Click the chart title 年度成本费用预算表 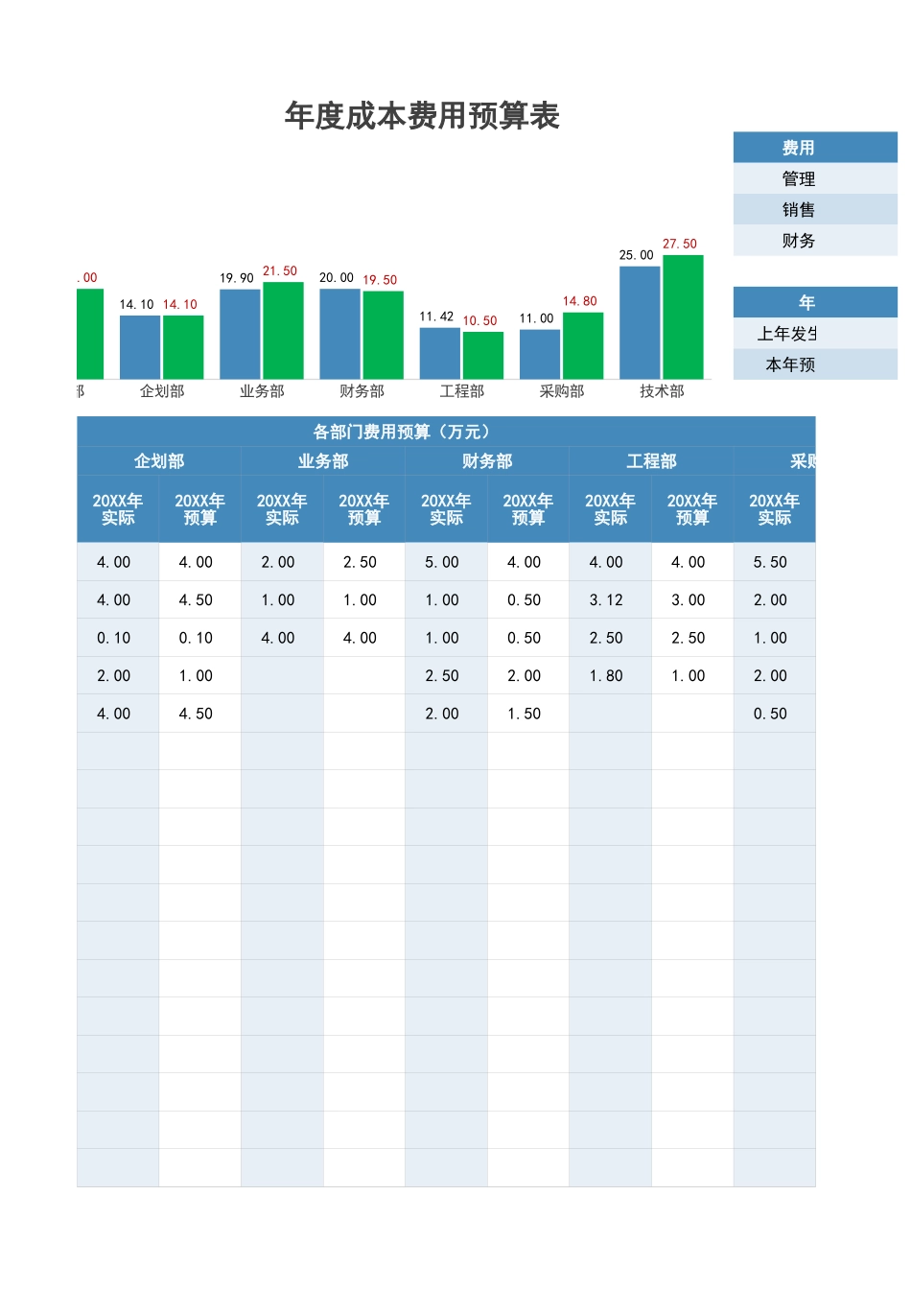tap(422, 116)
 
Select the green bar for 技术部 tap(683, 316)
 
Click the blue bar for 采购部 tap(539, 354)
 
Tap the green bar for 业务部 tap(283, 330)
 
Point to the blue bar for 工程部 tap(440, 353)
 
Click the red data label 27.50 tap(680, 244)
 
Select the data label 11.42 tap(436, 316)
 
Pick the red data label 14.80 tap(579, 301)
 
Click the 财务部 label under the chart tap(362, 391)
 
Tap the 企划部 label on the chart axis tap(162, 391)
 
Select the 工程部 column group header tap(651, 461)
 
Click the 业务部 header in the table tap(323, 461)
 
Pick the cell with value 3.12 tap(606, 600)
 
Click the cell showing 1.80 tap(606, 676)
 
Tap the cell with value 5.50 tap(770, 562)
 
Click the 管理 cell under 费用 tap(799, 178)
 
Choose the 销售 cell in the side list tap(799, 210)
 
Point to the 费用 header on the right tap(799, 148)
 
